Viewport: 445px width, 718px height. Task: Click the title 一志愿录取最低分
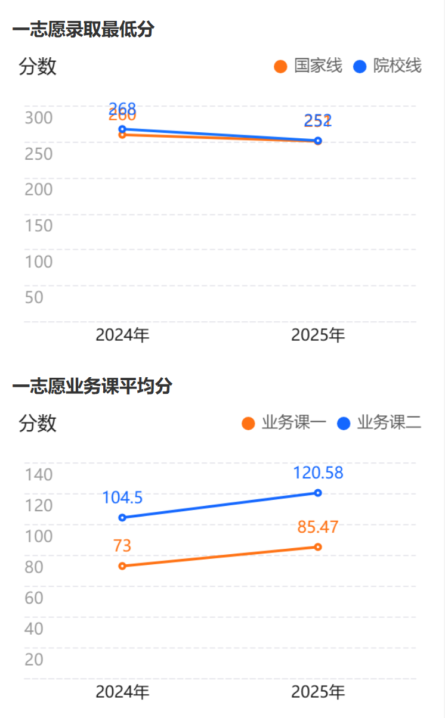click(83, 29)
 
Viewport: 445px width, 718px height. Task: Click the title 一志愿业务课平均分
click(92, 386)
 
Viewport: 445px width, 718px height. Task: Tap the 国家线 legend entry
click(308, 66)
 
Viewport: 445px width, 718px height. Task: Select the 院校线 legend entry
click(388, 66)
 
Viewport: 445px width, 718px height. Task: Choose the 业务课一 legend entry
click(285, 423)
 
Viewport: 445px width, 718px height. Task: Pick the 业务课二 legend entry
click(380, 423)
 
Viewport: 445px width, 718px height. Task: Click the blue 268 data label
click(123, 108)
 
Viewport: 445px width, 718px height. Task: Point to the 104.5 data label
click(122, 498)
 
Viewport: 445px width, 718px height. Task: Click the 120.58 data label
click(318, 473)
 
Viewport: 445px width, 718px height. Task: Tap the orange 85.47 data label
click(318, 527)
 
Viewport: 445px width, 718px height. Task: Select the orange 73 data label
click(122, 545)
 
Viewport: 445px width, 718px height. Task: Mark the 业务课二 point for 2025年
click(318, 493)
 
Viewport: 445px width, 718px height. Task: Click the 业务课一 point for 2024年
click(122, 566)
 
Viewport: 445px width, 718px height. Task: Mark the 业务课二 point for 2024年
click(122, 518)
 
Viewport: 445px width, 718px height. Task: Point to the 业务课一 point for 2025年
click(318, 547)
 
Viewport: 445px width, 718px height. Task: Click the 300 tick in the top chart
click(39, 117)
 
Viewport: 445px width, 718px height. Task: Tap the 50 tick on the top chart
click(34, 297)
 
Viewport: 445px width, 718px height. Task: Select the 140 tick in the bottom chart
click(39, 475)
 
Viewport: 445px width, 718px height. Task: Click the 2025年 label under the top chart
click(318, 335)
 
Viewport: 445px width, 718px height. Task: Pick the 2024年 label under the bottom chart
click(122, 692)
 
